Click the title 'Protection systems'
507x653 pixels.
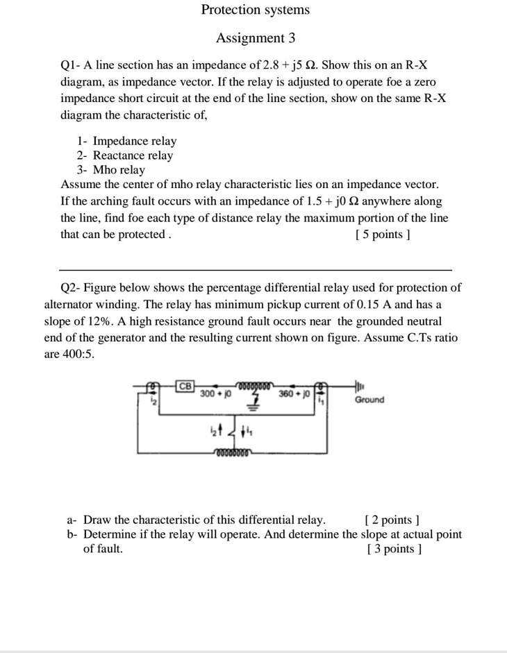click(255, 10)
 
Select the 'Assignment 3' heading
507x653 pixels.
click(255, 37)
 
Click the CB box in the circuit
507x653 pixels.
click(185, 385)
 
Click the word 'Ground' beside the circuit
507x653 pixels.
click(369, 400)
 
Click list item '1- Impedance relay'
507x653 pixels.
click(126, 141)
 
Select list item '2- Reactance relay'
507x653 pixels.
click(125, 155)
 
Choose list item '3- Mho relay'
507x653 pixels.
click(111, 170)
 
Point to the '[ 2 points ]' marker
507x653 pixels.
click(392, 520)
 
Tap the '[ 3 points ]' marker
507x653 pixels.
click(393, 549)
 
